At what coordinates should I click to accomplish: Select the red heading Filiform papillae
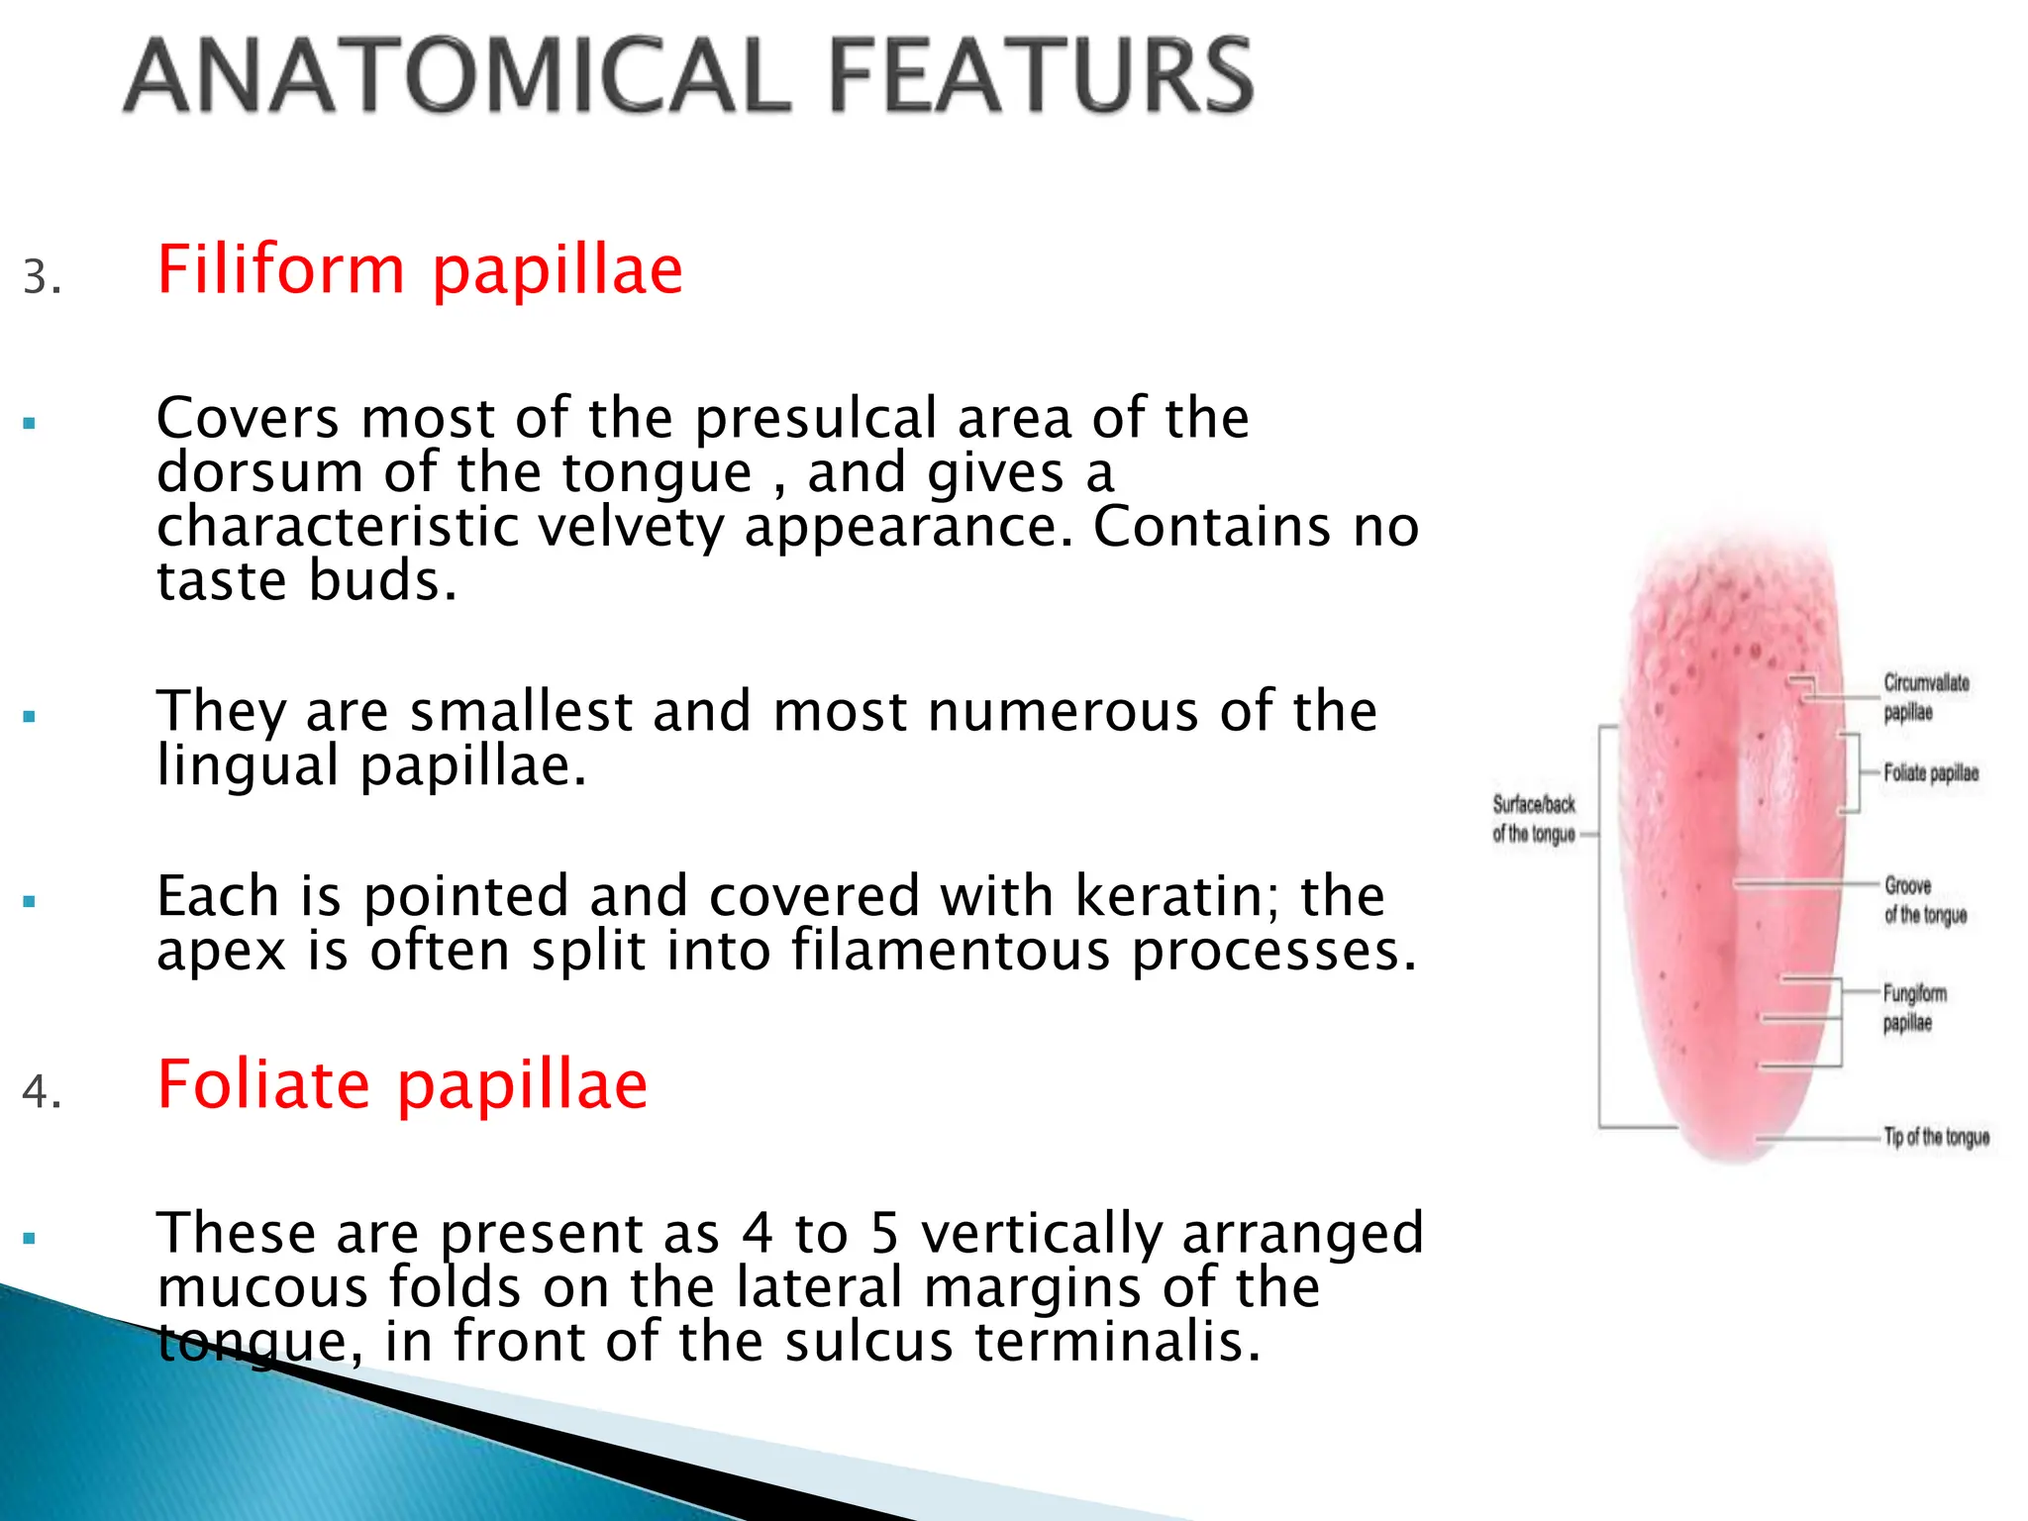click(x=420, y=270)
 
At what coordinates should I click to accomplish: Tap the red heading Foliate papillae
click(x=402, y=1085)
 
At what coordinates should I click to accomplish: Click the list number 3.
click(x=42, y=277)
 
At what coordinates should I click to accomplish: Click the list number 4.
click(x=42, y=1091)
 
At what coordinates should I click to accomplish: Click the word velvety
click(x=632, y=527)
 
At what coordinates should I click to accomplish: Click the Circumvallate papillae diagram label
click(x=1924, y=697)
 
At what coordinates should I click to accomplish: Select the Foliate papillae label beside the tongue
click(x=1930, y=773)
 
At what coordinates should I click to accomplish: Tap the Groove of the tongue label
click(x=1923, y=900)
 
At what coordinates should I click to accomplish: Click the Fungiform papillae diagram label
click(x=1913, y=1007)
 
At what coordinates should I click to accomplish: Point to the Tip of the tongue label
click(x=1935, y=1137)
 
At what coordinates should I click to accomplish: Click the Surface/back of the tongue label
click(x=1534, y=819)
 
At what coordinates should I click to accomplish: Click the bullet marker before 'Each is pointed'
click(x=30, y=902)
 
